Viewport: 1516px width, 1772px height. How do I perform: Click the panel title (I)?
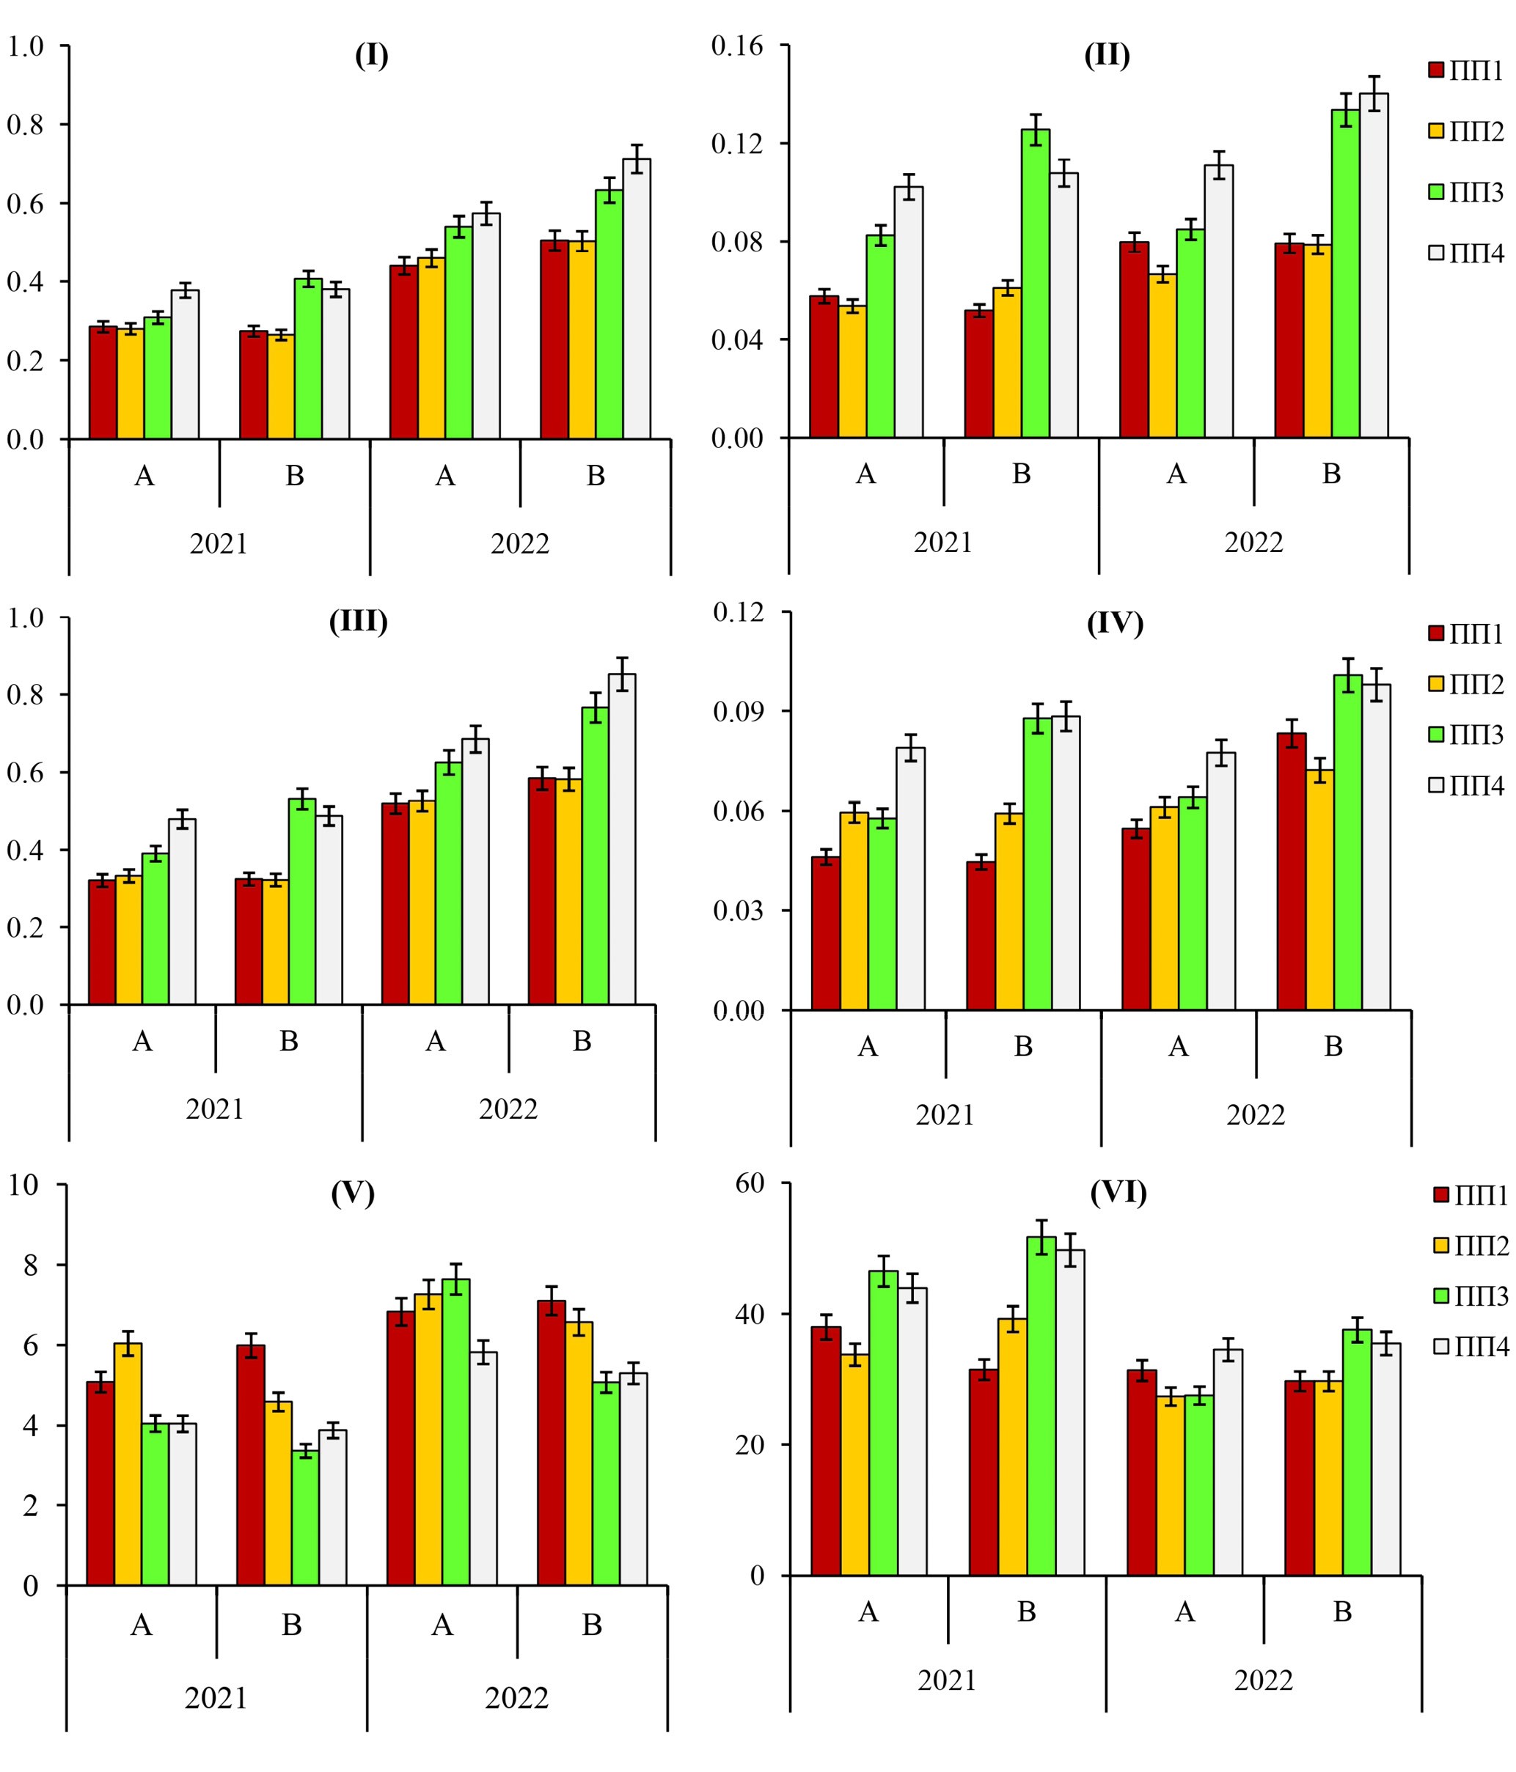(371, 56)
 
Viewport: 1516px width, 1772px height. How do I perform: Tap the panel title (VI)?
(1118, 1191)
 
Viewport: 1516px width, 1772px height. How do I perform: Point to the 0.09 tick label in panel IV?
(739, 712)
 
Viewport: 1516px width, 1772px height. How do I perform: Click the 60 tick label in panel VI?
(750, 1183)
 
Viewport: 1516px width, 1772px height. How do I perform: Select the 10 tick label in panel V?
(24, 1185)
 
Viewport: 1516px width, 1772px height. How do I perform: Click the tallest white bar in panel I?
(636, 299)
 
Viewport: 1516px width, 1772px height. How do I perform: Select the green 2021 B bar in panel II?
(1035, 284)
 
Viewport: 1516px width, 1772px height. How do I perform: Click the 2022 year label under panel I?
(519, 543)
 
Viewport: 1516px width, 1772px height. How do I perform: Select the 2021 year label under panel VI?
(947, 1680)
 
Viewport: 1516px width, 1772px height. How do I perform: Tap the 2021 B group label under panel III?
(289, 1041)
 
